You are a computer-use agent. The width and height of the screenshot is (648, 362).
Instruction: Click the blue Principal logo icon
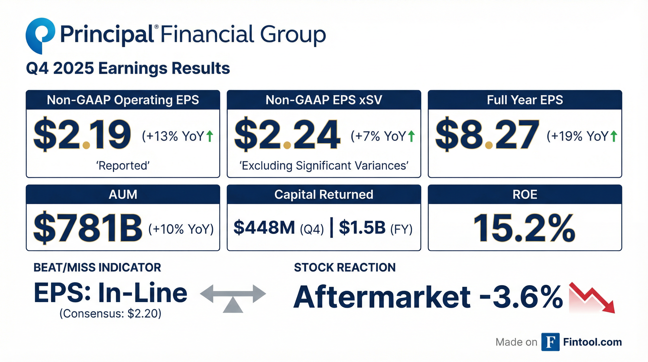click(40, 35)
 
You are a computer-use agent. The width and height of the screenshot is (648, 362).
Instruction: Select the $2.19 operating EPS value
click(82, 135)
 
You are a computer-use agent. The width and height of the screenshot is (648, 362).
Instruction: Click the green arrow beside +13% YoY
click(210, 136)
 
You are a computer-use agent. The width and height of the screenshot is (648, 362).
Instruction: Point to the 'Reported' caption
click(123, 166)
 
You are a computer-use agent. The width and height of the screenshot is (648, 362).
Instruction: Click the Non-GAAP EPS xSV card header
click(324, 100)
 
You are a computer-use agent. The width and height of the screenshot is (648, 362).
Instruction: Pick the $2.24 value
click(287, 135)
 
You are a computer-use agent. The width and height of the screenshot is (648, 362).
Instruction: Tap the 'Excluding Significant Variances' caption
click(324, 166)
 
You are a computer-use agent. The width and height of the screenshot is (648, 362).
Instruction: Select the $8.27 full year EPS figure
click(487, 135)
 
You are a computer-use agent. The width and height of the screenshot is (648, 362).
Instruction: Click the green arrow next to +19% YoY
click(614, 136)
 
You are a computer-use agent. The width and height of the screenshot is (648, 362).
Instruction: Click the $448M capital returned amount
click(264, 227)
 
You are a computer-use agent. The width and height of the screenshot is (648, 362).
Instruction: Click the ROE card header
click(525, 194)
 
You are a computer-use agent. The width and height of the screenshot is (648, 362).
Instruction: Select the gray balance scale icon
click(233, 298)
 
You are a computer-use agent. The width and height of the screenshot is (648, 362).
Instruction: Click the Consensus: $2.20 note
click(110, 314)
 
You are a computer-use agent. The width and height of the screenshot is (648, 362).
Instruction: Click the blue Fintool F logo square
click(550, 342)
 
